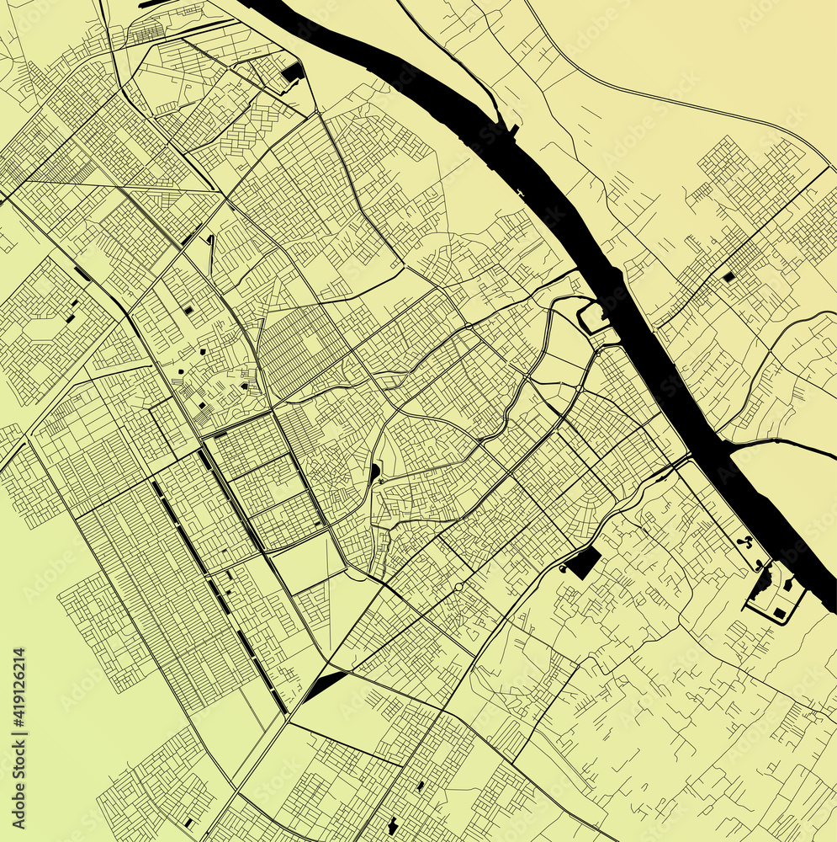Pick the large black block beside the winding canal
[x=583, y=562]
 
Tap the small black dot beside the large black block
[x=562, y=570]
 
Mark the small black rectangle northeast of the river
[x=728, y=275]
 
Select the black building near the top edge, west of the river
[x=293, y=72]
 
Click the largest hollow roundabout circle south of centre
[x=458, y=586]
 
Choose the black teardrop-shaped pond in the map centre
[x=373, y=473]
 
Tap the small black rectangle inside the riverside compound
[x=781, y=612]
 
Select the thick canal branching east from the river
[x=782, y=444]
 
